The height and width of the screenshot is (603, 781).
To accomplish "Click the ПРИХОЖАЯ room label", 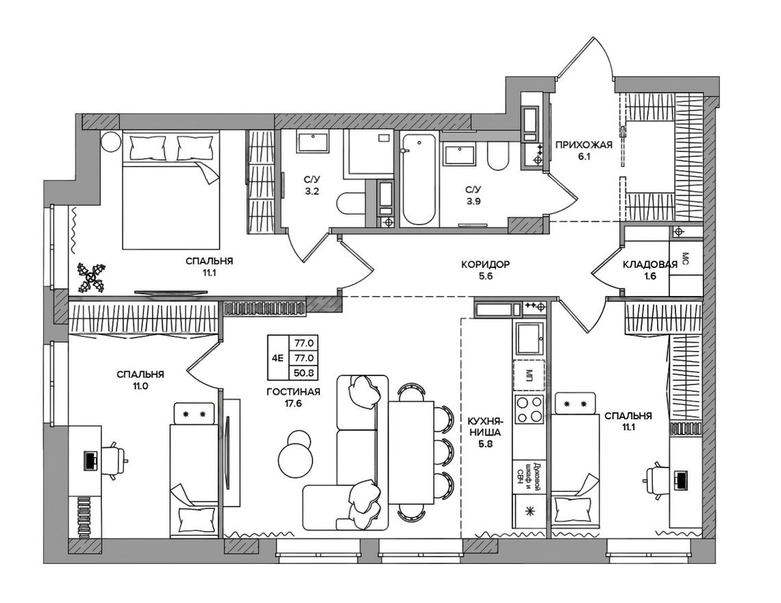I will tap(583, 145).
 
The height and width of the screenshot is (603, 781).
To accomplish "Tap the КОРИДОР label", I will tap(485, 264).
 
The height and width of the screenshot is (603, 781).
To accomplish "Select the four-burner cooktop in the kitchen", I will tap(529, 409).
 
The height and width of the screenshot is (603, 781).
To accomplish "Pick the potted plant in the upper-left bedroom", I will tap(90, 277).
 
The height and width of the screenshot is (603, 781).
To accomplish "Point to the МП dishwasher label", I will tap(529, 374).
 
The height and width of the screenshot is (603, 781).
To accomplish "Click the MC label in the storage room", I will tap(685, 258).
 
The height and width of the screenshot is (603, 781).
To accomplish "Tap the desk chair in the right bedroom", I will tap(655, 476).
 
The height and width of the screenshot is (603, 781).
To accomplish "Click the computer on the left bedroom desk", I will tap(90, 460).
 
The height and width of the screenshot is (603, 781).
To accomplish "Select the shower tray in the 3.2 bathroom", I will tap(370, 152).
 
